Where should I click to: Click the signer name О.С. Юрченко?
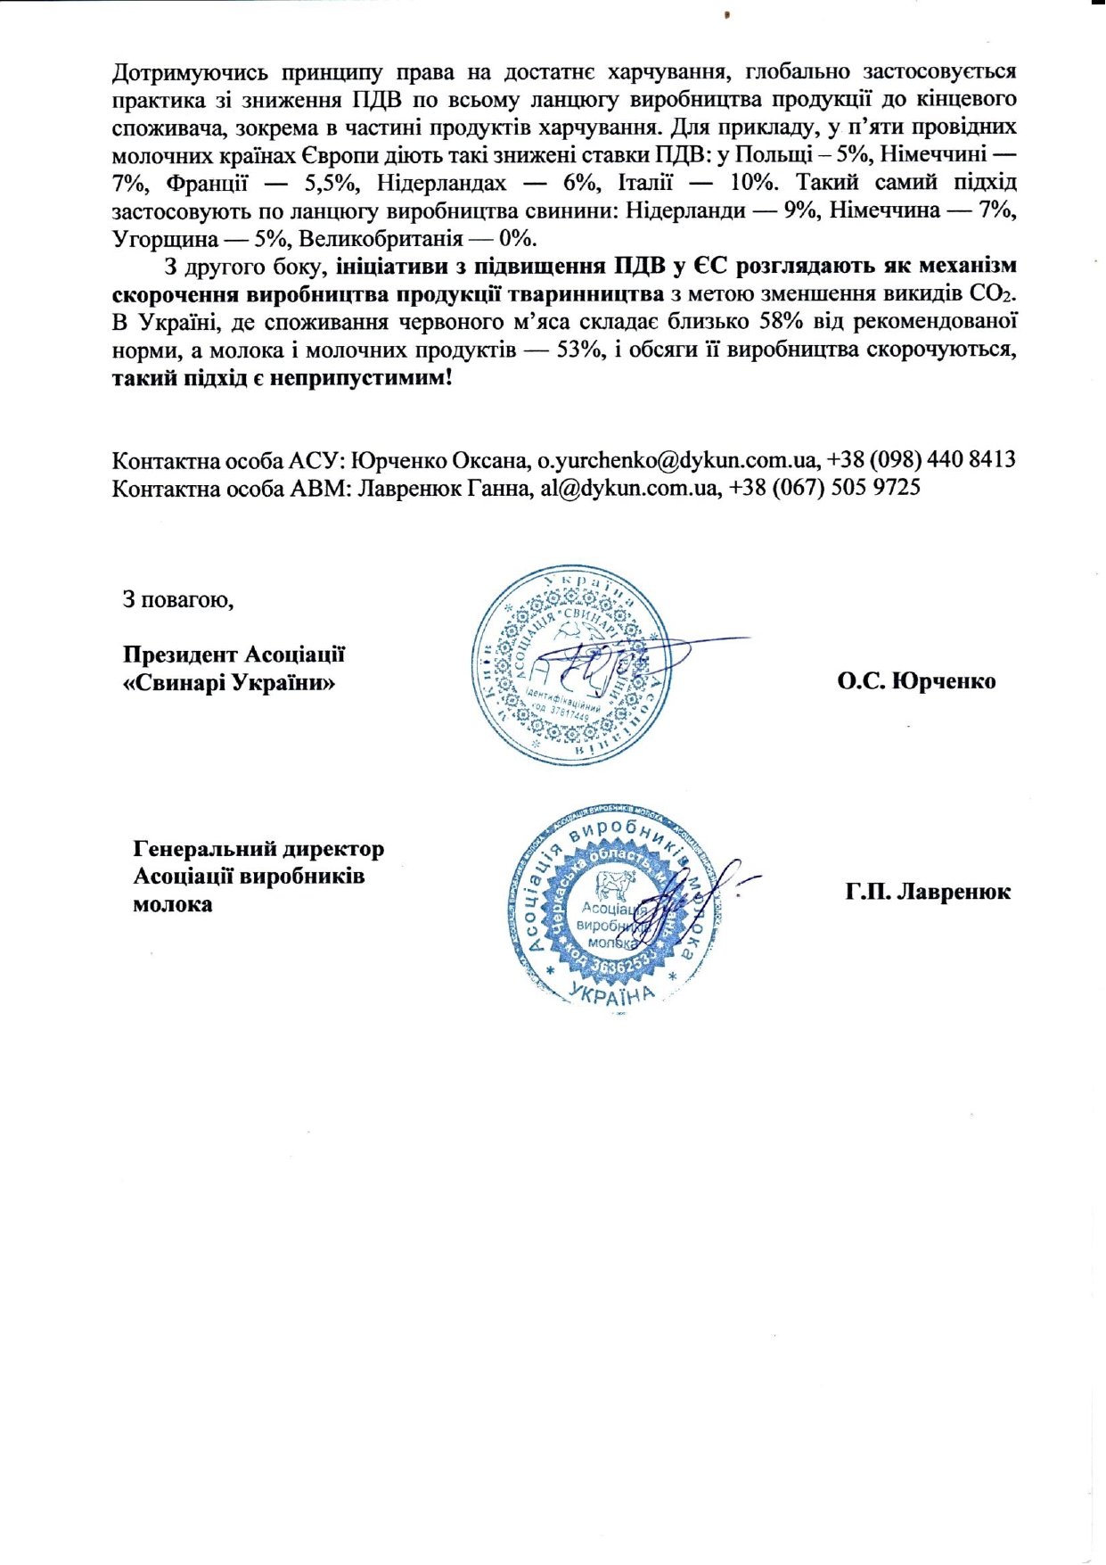(916, 681)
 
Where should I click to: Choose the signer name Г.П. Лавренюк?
(928, 892)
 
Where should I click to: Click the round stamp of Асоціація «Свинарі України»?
(572, 664)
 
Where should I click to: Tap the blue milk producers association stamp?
(615, 902)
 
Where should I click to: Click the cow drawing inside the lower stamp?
(612, 885)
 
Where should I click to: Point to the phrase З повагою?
(178, 599)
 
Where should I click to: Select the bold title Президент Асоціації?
(233, 655)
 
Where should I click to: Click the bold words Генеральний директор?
(258, 848)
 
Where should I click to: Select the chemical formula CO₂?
(992, 293)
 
